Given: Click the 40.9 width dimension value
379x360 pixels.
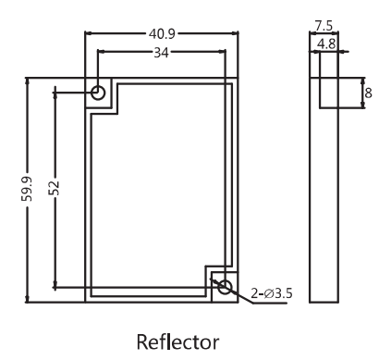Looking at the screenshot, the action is (x=162, y=33).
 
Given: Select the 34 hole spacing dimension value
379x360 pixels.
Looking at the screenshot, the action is (x=162, y=53).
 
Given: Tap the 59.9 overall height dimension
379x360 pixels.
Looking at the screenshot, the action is (x=27, y=189).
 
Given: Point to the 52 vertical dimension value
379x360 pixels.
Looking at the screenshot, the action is (x=54, y=188).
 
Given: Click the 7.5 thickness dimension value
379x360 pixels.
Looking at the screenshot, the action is (x=324, y=26).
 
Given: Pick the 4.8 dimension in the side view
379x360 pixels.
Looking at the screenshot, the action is (x=326, y=44).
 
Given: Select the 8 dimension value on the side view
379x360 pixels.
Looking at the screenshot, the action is (x=368, y=93).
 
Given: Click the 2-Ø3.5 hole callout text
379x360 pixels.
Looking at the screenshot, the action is (x=272, y=293).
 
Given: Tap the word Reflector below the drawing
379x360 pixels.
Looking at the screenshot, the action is (x=177, y=341).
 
